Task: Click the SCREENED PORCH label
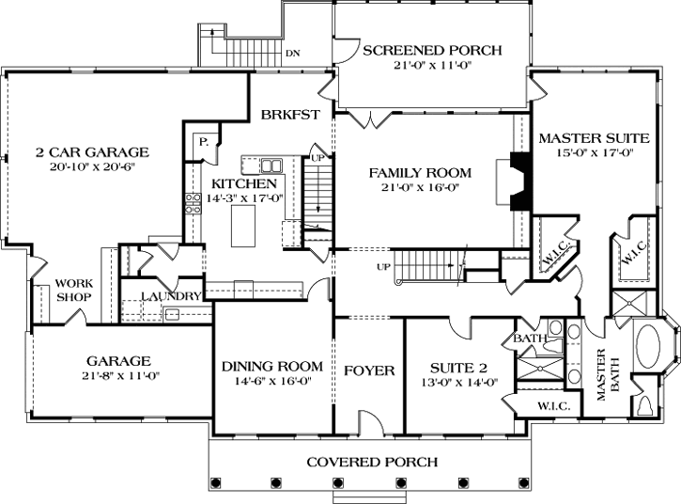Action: (x=432, y=51)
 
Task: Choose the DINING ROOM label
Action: (x=272, y=367)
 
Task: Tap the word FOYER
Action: (x=368, y=370)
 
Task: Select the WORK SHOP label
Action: (x=72, y=290)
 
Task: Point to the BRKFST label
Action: (x=291, y=115)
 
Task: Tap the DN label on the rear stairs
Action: (x=293, y=53)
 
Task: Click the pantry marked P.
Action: (x=203, y=142)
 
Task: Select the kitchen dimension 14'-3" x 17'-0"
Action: (x=244, y=198)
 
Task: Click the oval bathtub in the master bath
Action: (x=650, y=349)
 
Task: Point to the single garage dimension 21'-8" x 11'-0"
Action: (x=119, y=375)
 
